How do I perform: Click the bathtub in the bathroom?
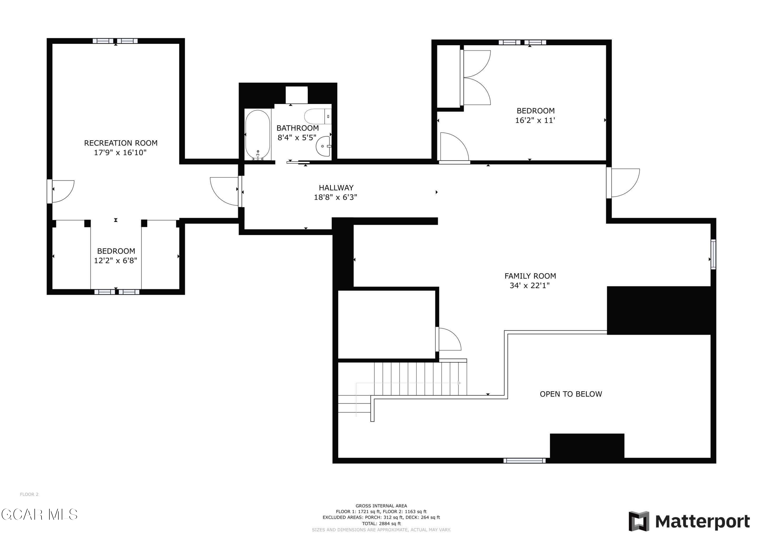(258, 135)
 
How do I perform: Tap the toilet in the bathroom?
(318, 117)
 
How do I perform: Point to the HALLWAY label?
(336, 188)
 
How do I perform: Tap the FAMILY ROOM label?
(530, 276)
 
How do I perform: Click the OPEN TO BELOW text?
(571, 394)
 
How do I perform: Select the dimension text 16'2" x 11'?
(535, 120)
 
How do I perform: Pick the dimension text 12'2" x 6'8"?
(116, 261)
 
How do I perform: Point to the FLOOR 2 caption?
(29, 495)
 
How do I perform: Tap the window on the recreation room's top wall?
(115, 41)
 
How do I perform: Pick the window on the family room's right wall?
(713, 254)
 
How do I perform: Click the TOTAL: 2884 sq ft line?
(382, 523)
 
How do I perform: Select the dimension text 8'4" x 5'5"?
(297, 138)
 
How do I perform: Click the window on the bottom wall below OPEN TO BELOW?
(524, 461)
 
